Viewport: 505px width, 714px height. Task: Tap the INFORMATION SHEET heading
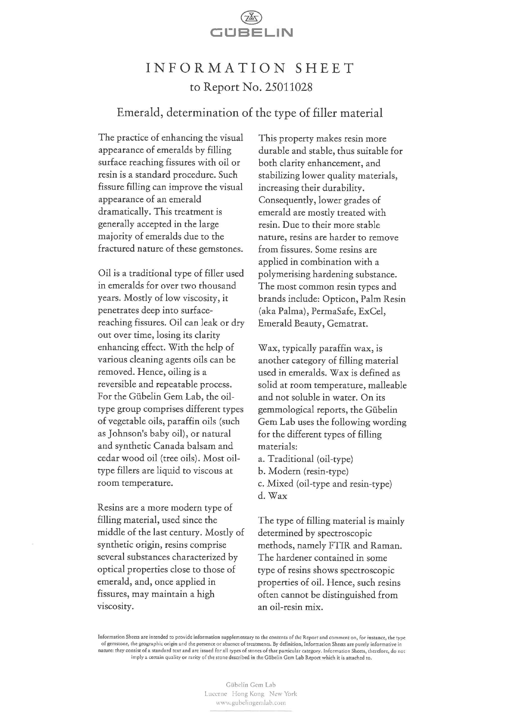[x=250, y=68]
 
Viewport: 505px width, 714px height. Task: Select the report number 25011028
[x=288, y=88]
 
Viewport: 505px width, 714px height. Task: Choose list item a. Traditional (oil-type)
[x=305, y=459]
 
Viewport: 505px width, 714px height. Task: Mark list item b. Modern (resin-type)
[x=303, y=471]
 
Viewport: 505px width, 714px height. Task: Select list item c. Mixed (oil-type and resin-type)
[x=325, y=484]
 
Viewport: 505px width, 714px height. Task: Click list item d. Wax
[x=272, y=496]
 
